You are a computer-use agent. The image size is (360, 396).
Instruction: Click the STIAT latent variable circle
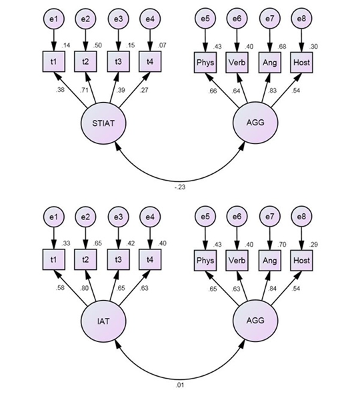click(103, 123)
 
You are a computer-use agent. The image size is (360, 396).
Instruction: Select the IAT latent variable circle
click(103, 321)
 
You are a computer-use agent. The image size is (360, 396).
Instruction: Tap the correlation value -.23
click(180, 187)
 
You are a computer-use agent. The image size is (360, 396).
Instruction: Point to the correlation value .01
click(180, 385)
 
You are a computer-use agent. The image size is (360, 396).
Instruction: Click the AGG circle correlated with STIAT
click(255, 123)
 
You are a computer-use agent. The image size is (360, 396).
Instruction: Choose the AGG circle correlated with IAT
click(255, 321)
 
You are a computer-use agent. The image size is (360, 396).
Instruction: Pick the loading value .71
click(85, 90)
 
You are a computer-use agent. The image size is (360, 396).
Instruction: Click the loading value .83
click(273, 91)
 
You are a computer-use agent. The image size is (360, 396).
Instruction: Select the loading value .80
click(85, 288)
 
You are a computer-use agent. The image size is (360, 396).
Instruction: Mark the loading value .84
click(273, 289)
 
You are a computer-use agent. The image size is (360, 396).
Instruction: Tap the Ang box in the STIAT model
click(269, 63)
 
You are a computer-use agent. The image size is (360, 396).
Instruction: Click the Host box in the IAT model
click(301, 261)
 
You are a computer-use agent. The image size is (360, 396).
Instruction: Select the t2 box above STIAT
click(85, 61)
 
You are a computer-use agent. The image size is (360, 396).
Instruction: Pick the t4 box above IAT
click(150, 259)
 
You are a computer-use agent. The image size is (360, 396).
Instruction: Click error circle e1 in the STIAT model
click(53, 19)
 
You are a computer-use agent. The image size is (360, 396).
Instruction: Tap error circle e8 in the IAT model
click(301, 217)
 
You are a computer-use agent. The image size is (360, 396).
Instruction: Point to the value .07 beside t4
click(162, 45)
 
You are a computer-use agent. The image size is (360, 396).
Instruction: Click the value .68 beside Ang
click(281, 47)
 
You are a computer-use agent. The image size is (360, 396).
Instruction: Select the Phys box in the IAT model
click(205, 261)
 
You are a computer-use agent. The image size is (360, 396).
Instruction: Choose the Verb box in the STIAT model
click(237, 63)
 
